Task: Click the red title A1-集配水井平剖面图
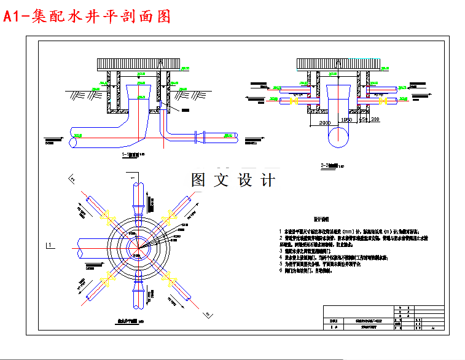click(87, 17)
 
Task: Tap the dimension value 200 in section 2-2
click(375, 119)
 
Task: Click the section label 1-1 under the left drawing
click(131, 155)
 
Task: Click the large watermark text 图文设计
click(233, 180)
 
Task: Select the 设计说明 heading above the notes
click(322, 218)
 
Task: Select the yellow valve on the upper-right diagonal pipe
click(166, 217)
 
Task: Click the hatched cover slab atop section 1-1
click(136, 63)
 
